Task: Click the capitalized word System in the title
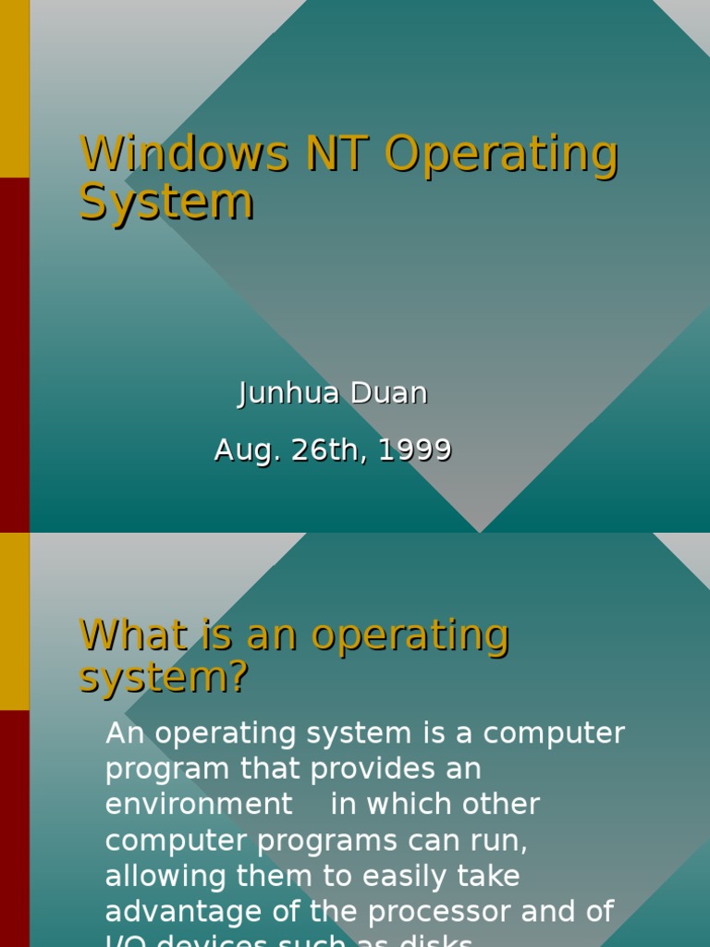pos(166,202)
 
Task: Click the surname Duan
pos(392,393)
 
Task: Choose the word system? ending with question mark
pos(165,678)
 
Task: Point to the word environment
pos(199,805)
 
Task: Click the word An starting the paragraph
pos(125,733)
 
